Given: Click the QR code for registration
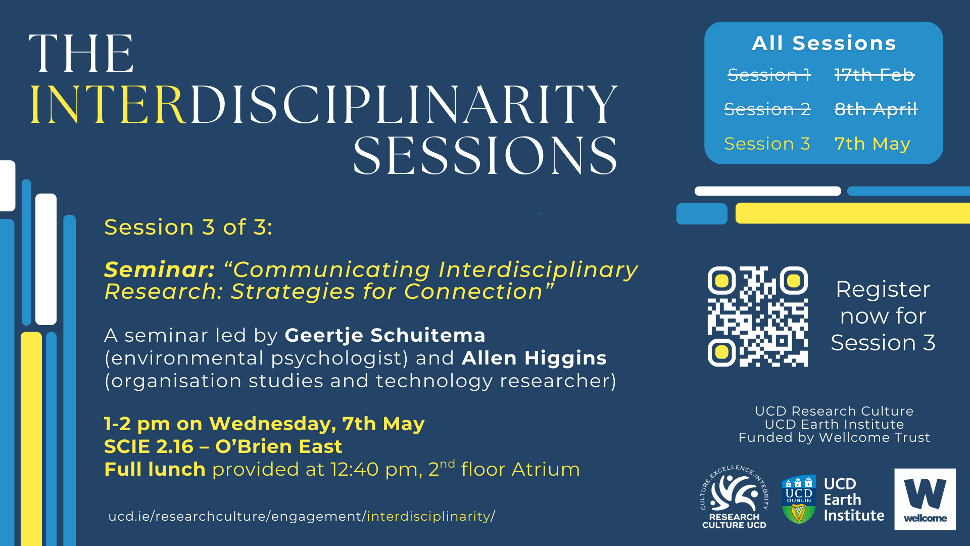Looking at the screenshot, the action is [x=758, y=316].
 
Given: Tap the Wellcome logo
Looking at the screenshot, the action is [x=925, y=499].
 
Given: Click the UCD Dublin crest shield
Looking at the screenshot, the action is [x=799, y=499].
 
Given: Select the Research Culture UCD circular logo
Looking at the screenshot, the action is [x=735, y=497].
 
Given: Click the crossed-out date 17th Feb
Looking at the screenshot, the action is [x=875, y=75].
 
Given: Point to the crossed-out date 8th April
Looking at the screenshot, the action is [x=876, y=109].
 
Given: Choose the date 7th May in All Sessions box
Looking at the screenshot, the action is [x=872, y=144].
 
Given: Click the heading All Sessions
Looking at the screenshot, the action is [x=824, y=43].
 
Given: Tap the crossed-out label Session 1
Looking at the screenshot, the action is [x=769, y=75].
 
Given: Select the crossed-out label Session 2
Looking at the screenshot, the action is [x=767, y=109].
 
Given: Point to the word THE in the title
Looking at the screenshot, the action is [x=82, y=54].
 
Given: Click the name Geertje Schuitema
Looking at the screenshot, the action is [x=385, y=335].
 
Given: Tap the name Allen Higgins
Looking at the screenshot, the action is [x=534, y=358].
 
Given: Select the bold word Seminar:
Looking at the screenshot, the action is [x=160, y=269].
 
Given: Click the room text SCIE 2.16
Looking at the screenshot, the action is [x=149, y=446].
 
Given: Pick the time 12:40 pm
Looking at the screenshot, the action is [x=376, y=470].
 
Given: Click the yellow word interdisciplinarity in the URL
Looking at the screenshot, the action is [x=428, y=516].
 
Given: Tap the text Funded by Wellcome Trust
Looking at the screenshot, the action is [x=834, y=437].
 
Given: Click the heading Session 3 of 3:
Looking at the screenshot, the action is [x=188, y=227].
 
